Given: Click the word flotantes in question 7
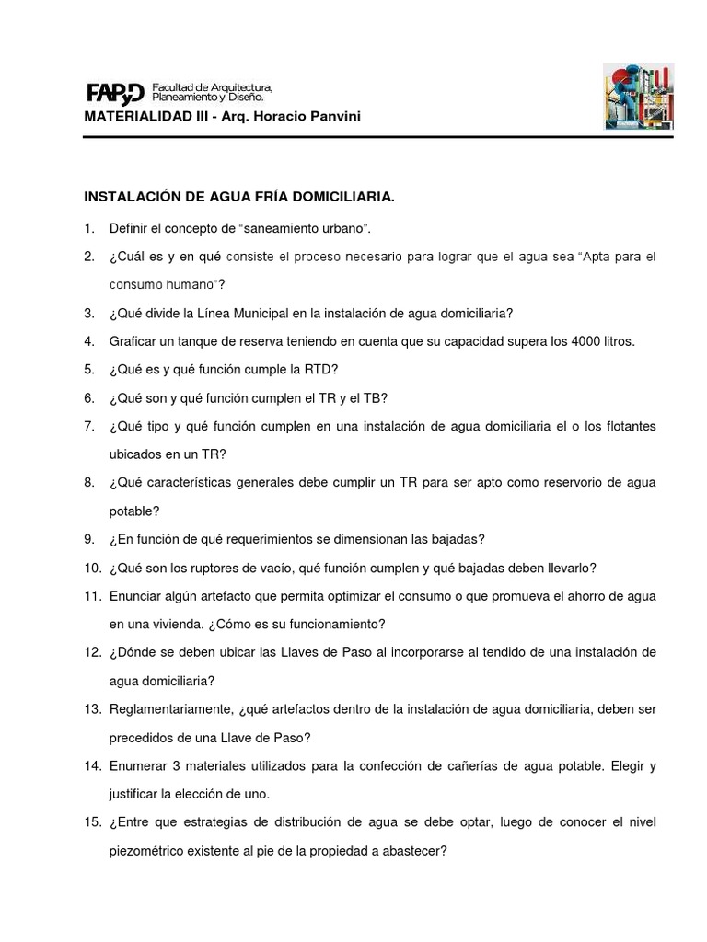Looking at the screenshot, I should pyautogui.click(x=626, y=427).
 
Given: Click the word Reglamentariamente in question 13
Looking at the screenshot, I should pyautogui.click(x=169, y=709).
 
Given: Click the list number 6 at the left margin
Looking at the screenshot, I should pyautogui.click(x=89, y=398).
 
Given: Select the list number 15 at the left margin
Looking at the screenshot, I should pyautogui.click(x=92, y=823).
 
